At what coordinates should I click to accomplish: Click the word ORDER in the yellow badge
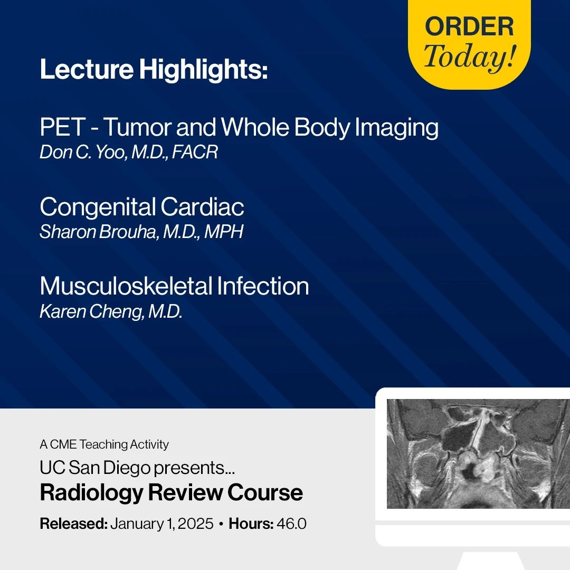pyautogui.click(x=469, y=26)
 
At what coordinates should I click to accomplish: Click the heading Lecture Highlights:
pyautogui.click(x=154, y=70)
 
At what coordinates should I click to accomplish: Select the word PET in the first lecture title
pyautogui.click(x=62, y=127)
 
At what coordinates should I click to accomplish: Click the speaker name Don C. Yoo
pyautogui.click(x=83, y=152)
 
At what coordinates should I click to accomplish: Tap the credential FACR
pyautogui.click(x=194, y=152)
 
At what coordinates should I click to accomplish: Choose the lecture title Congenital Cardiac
pyautogui.click(x=142, y=207)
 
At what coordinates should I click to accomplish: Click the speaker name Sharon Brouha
pyautogui.click(x=99, y=232)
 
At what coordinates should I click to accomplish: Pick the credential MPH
pyautogui.click(x=224, y=232)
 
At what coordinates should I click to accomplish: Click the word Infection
pyautogui.click(x=263, y=286)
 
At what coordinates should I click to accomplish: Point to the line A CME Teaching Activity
pyautogui.click(x=104, y=444)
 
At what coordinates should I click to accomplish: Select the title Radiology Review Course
pyautogui.click(x=171, y=492)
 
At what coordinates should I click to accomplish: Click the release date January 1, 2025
pyautogui.click(x=162, y=524)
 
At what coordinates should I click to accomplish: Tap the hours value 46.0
pyautogui.click(x=291, y=524)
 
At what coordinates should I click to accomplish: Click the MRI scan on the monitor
pyautogui.click(x=478, y=454)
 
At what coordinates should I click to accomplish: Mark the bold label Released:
pyautogui.click(x=74, y=524)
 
